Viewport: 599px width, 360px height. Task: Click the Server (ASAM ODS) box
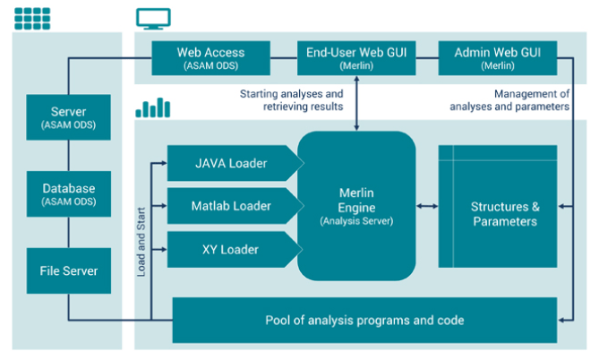(68, 116)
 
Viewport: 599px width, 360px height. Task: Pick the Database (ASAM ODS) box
(68, 194)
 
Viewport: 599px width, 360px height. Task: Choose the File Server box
(68, 270)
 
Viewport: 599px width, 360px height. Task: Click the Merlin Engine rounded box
(356, 206)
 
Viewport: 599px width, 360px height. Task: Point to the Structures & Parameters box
(504, 207)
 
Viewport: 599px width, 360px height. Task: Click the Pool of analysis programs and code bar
(364, 320)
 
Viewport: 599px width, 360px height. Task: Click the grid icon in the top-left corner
(31, 15)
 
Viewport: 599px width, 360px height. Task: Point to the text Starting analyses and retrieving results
(291, 100)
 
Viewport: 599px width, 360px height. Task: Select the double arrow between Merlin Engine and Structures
(427, 207)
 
